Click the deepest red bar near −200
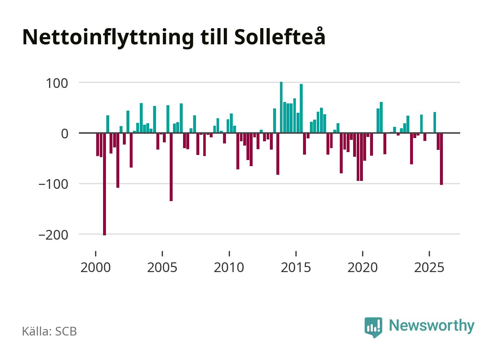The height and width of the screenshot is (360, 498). (105, 184)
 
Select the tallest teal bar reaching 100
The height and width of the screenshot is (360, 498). (281, 107)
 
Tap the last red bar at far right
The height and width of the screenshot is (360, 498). (441, 159)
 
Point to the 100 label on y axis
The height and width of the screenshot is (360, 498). (57, 83)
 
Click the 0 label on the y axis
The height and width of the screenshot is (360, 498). (65, 134)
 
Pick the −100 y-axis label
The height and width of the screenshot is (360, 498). (53, 184)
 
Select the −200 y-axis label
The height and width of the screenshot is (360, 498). (53, 235)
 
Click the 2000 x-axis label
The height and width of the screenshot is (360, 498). (95, 267)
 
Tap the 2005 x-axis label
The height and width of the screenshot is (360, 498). (162, 267)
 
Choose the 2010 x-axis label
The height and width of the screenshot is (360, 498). (229, 267)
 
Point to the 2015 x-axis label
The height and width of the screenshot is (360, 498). (296, 267)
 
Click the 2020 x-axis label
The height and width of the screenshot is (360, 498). (363, 267)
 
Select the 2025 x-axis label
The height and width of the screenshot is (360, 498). (429, 267)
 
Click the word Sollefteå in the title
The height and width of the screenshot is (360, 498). (280, 37)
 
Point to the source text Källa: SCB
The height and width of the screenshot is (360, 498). (49, 331)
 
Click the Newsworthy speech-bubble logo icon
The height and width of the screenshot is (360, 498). (373, 327)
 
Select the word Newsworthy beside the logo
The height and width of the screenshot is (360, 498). (432, 325)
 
